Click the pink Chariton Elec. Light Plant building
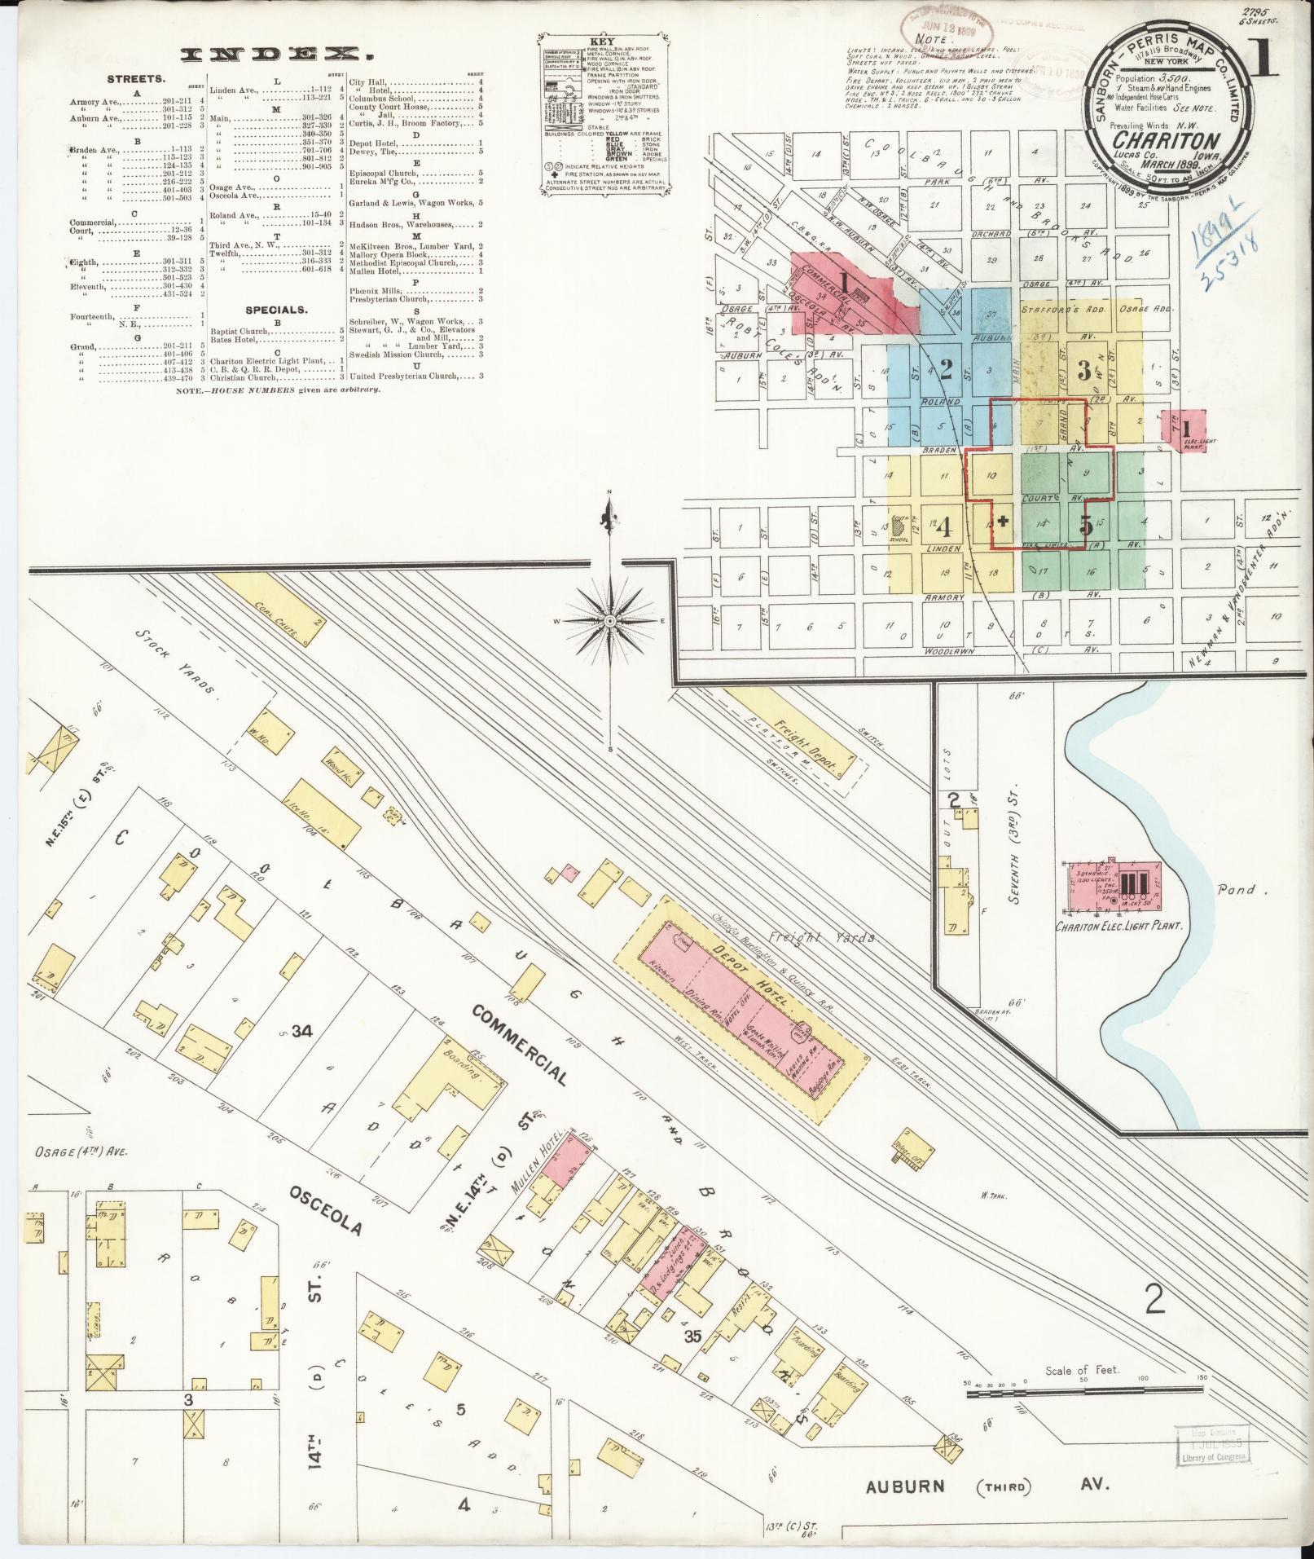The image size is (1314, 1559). click(x=1116, y=889)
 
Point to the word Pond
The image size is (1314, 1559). click(x=1237, y=890)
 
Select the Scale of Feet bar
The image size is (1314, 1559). click(x=1083, y=1393)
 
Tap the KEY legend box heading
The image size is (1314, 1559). click(x=604, y=41)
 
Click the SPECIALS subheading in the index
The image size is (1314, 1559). click(x=278, y=310)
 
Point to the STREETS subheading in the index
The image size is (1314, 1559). click(x=136, y=80)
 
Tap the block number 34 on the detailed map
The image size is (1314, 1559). click(x=302, y=1031)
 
